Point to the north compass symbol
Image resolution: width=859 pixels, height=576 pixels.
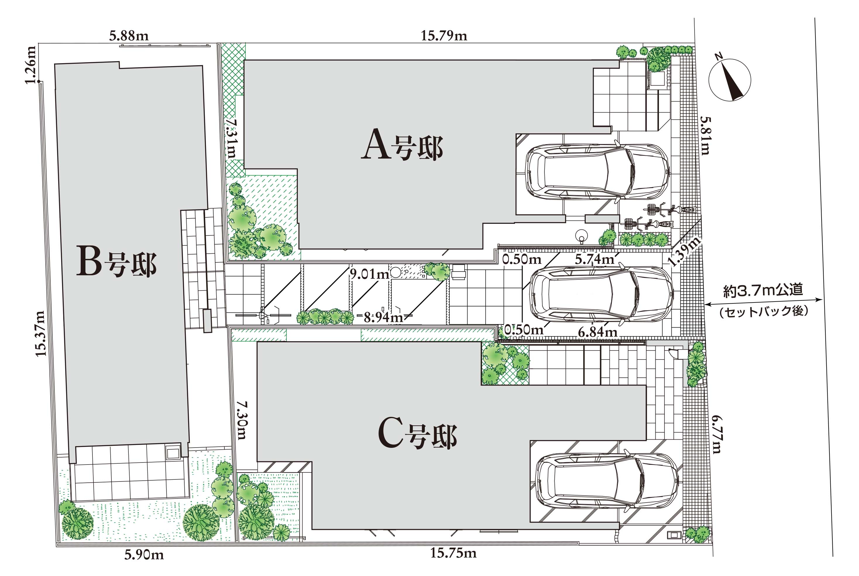point(729,79)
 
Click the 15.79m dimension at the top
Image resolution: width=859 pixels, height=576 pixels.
point(444,36)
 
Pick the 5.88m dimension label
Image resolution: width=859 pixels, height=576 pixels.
point(129,36)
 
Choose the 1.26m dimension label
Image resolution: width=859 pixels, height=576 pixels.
point(30,65)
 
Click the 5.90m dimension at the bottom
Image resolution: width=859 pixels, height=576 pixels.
point(144,554)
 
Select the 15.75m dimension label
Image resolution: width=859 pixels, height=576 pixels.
point(453,553)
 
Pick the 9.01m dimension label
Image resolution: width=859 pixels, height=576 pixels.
point(369,274)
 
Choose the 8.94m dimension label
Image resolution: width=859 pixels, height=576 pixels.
point(384,317)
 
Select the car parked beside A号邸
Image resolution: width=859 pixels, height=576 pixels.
point(597,171)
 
